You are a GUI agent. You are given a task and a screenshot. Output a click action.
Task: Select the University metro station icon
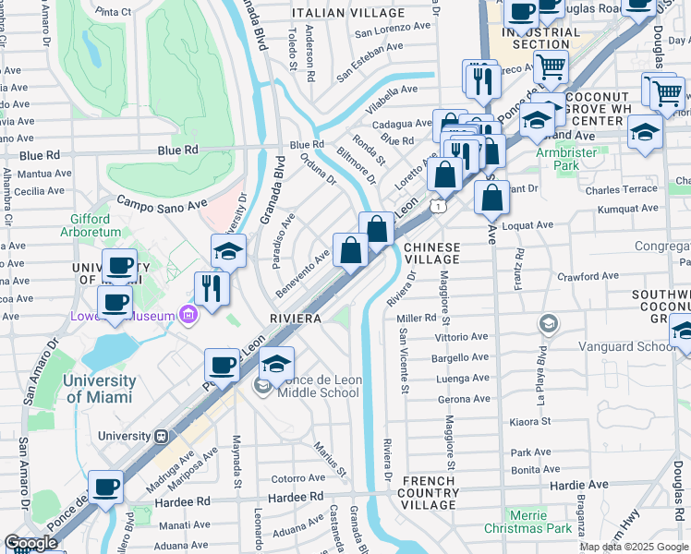click(x=161, y=436)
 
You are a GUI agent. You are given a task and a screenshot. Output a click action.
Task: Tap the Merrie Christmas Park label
click(x=540, y=521)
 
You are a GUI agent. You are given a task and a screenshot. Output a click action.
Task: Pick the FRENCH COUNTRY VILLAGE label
click(x=429, y=492)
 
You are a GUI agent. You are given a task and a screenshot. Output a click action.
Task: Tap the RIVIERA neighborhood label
click(x=295, y=318)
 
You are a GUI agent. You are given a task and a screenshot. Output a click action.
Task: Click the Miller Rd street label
click(x=416, y=318)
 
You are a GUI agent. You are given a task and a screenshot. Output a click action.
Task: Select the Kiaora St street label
click(x=529, y=421)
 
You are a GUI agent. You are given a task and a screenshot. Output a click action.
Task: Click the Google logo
click(x=30, y=543)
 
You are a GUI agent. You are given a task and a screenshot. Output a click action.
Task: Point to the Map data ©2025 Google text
click(x=634, y=547)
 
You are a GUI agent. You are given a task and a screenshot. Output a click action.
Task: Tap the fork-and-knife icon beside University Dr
click(x=212, y=287)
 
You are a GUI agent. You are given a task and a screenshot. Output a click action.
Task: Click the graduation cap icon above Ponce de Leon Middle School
click(x=276, y=363)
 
